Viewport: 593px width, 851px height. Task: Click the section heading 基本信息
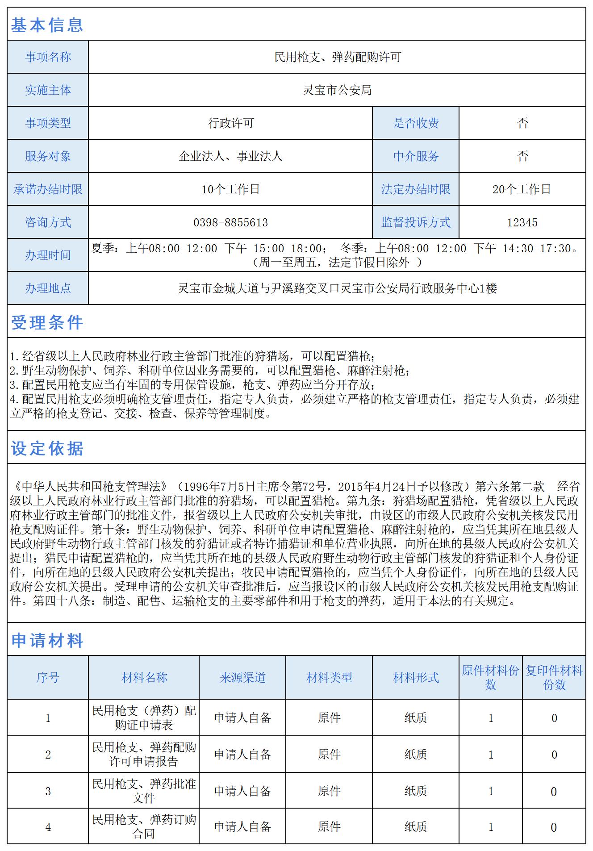47,25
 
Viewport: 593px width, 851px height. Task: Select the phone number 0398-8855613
230,222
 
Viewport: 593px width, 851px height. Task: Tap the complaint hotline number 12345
522,222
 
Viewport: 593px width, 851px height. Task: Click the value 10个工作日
230,189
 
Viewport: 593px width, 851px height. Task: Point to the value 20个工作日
522,189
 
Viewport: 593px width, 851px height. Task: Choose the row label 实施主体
48,90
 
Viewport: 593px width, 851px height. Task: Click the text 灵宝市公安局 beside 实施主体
337,90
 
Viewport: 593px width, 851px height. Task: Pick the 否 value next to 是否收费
522,123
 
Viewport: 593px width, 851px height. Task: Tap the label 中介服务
416,156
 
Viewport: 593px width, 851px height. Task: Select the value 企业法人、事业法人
230,156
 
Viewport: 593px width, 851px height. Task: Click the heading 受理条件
47,322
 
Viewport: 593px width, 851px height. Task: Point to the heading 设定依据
47,448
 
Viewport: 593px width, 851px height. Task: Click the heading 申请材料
47,640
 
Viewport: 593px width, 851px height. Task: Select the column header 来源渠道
242,678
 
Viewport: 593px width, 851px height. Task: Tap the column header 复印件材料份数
554,678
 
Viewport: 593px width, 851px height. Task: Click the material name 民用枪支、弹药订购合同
144,826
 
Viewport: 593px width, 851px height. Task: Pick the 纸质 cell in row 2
416,754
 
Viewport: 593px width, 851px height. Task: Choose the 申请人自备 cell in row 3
242,791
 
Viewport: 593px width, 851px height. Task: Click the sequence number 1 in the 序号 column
48,718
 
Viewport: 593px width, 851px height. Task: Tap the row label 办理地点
48,288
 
